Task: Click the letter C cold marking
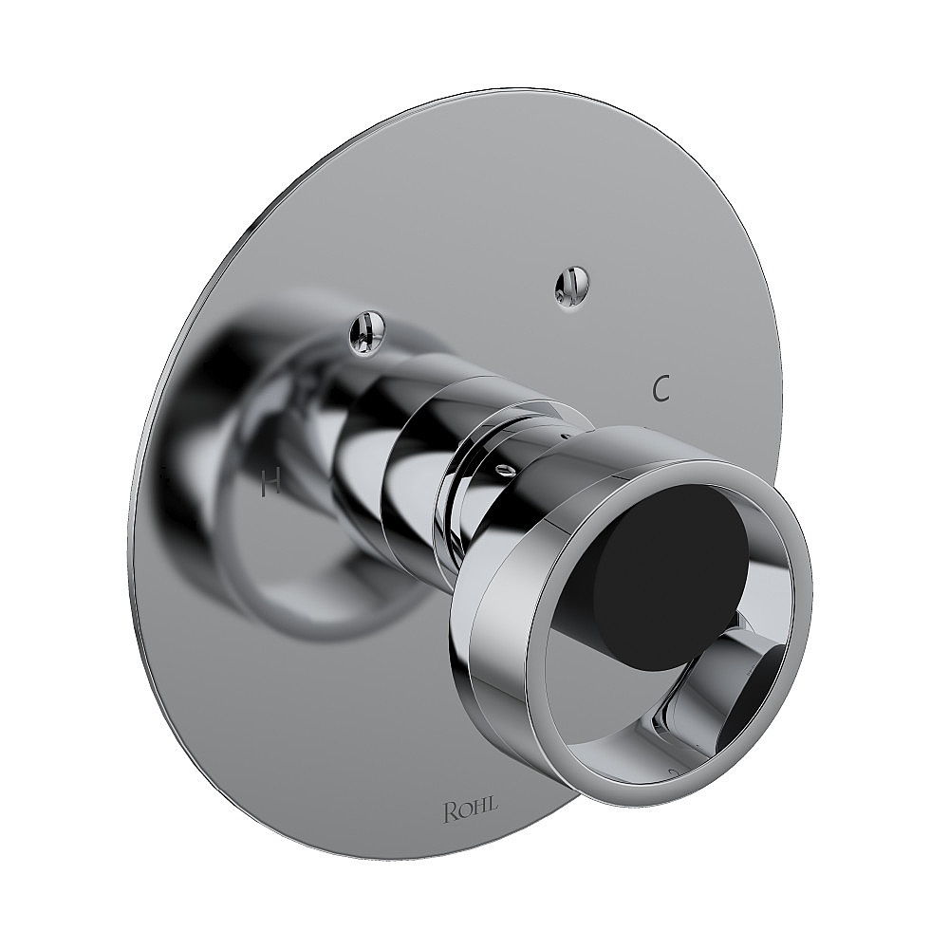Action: (662, 387)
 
